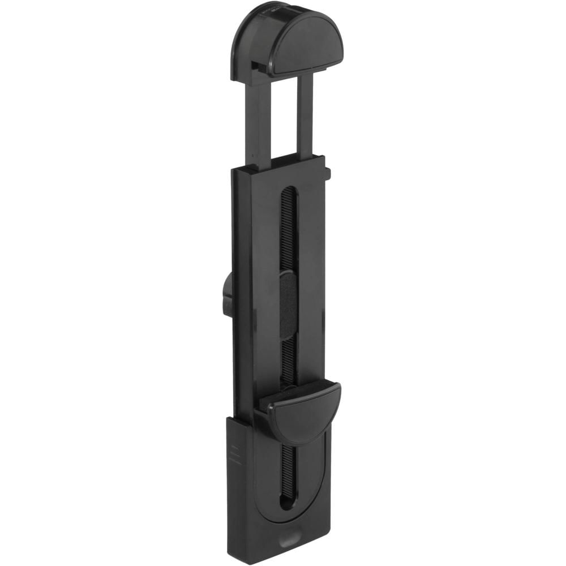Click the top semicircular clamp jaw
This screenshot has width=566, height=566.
[306, 42]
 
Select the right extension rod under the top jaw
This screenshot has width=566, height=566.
[305, 116]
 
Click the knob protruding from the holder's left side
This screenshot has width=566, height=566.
[227, 294]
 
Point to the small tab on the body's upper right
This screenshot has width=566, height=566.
[328, 173]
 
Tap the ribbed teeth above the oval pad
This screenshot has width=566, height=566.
[287, 232]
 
